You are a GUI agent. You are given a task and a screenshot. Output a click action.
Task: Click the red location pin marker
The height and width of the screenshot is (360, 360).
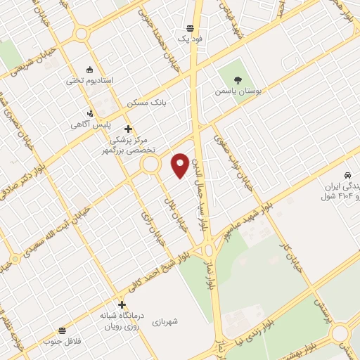pyautogui.click(x=181, y=165)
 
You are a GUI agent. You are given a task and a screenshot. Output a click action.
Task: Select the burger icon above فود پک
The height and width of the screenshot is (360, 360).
pyautogui.click(x=190, y=28)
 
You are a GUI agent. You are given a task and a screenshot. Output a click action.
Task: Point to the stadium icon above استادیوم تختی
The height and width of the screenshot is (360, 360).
pyautogui.click(x=89, y=69)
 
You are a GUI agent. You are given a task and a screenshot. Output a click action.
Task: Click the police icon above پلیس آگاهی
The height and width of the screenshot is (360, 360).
pyautogui.click(x=89, y=112)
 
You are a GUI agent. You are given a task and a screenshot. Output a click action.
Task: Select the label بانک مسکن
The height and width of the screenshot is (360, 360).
pyautogui.click(x=149, y=103)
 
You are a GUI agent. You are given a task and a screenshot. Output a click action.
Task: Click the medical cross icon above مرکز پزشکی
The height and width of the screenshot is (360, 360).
pyautogui.click(x=127, y=129)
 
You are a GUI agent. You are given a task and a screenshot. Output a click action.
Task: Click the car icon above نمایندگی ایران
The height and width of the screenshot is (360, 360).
pyautogui.click(x=347, y=173)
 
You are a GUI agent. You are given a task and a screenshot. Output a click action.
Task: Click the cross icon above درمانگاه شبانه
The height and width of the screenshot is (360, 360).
pyautogui.click(x=122, y=304)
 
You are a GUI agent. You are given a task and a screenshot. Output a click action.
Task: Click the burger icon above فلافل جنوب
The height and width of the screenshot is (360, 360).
pyautogui.click(x=63, y=329)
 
